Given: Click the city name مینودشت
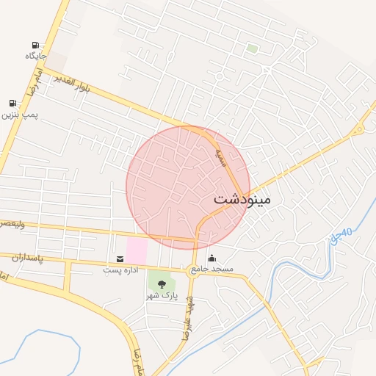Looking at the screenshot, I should click(242, 199).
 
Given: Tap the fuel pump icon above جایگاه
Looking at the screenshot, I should click(36, 46).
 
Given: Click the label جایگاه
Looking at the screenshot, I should click(36, 57).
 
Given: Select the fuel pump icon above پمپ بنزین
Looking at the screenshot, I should click(12, 104).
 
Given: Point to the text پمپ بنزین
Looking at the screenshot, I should click(18, 115).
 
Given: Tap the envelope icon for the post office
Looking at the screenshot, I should click(120, 258).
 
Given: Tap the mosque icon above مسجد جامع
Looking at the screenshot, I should click(212, 258).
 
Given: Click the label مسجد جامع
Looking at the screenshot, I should click(212, 270).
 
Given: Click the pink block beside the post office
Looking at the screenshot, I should click(137, 249).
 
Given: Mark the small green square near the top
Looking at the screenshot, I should click(253, 48).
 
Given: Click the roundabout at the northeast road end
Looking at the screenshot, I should click(358, 130).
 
